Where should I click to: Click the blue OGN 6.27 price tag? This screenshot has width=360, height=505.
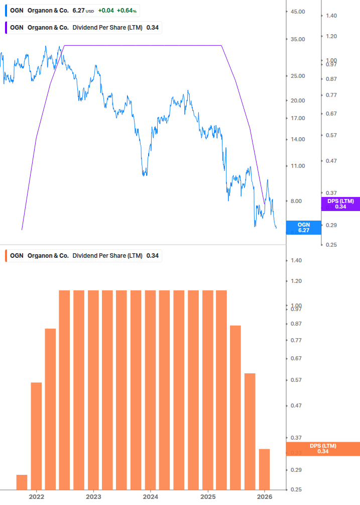pyautogui.click(x=303, y=228)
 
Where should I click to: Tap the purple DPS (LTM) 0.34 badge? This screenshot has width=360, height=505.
pyautogui.click(x=340, y=204)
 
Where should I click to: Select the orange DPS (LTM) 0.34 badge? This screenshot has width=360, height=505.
pyautogui.click(x=322, y=449)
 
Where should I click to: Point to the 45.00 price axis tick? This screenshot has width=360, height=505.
pyautogui.click(x=298, y=12)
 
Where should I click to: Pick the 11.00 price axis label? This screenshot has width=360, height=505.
pyautogui.click(x=298, y=166)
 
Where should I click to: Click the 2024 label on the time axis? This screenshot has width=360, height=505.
pyautogui.click(x=150, y=496)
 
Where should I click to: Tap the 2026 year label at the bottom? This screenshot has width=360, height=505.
pyautogui.click(x=264, y=496)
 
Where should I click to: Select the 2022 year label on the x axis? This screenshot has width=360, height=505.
pyautogui.click(x=36, y=496)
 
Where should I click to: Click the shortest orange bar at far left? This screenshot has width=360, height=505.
pyautogui.click(x=22, y=482)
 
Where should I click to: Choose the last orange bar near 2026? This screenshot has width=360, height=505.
pyautogui.click(x=264, y=469)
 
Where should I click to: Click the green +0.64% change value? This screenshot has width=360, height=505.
pyautogui.click(x=128, y=10)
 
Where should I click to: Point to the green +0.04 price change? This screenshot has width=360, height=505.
pyautogui.click(x=105, y=10)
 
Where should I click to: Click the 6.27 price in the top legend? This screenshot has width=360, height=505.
pyautogui.click(x=80, y=10)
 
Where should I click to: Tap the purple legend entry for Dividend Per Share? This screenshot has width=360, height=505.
pyautogui.click(x=83, y=28)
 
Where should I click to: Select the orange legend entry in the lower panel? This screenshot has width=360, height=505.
pyautogui.click(x=83, y=256)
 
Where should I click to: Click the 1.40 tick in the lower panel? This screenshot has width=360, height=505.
pyautogui.click(x=296, y=260)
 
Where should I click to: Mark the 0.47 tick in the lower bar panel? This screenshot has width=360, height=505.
pyautogui.click(x=296, y=406)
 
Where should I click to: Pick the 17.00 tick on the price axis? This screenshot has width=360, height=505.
pyautogui.click(x=298, y=119)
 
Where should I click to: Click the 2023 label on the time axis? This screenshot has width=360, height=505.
pyautogui.click(x=93, y=496)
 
